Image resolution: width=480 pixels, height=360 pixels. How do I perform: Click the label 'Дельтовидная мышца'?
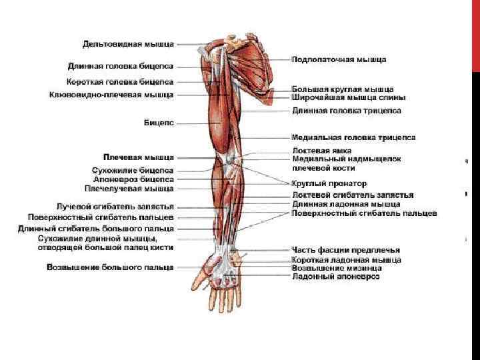pyautogui.click(x=128, y=44)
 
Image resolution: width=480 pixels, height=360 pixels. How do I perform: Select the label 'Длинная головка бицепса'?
pyautogui.click(x=121, y=66)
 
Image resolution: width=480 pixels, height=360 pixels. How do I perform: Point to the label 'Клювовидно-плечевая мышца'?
pyautogui.click(x=111, y=95)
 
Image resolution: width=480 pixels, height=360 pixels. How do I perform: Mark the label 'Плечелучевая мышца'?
pyautogui.click(x=133, y=189)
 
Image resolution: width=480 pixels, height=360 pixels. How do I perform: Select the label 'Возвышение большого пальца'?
pyautogui.click(x=110, y=267)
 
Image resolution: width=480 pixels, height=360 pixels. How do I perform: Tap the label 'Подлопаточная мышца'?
pyautogui.click(x=339, y=59)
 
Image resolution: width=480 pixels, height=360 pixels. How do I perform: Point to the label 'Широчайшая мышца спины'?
pyautogui.click(x=348, y=97)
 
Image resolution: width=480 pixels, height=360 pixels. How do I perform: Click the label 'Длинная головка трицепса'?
pyautogui.click(x=347, y=110)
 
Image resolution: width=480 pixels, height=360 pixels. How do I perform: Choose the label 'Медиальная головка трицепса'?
pyautogui.click(x=353, y=137)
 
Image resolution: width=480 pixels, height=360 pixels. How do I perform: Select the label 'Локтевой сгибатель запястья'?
pyautogui.click(x=353, y=195)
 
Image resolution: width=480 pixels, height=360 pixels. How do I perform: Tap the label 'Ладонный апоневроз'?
pyautogui.click(x=335, y=277)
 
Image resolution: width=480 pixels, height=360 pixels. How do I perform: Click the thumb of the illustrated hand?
pyautogui.click(x=199, y=273)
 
